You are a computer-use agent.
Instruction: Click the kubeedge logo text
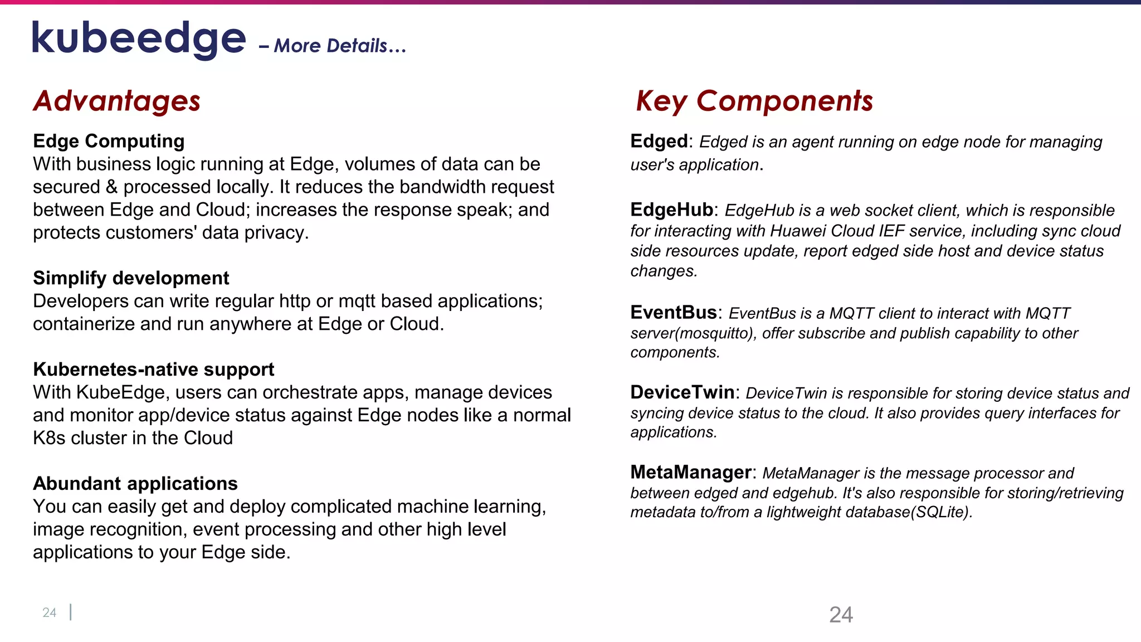[x=139, y=39]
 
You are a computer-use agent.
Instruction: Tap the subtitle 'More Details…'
[x=340, y=46]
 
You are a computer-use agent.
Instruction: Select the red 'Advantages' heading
[x=116, y=101]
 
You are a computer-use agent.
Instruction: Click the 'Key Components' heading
[x=754, y=101]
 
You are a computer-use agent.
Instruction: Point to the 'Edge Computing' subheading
[x=109, y=141]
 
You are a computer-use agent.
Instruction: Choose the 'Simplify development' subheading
[x=131, y=278]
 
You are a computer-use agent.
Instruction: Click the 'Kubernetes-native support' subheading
[x=153, y=369]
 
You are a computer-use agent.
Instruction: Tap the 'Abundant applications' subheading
[x=135, y=483]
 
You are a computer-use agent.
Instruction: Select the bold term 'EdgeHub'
[x=671, y=210]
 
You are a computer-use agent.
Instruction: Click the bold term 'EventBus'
[x=674, y=312]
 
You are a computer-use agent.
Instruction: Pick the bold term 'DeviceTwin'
[x=682, y=392]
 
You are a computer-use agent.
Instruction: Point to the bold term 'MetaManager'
[x=691, y=472]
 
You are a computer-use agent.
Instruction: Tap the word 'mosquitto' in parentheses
[x=714, y=333]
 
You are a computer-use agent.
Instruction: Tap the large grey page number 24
[x=841, y=615]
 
